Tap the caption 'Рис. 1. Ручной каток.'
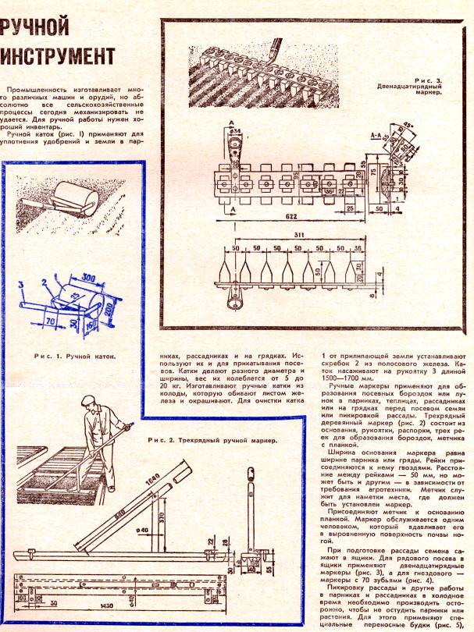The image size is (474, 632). pyautogui.click(x=75, y=355)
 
